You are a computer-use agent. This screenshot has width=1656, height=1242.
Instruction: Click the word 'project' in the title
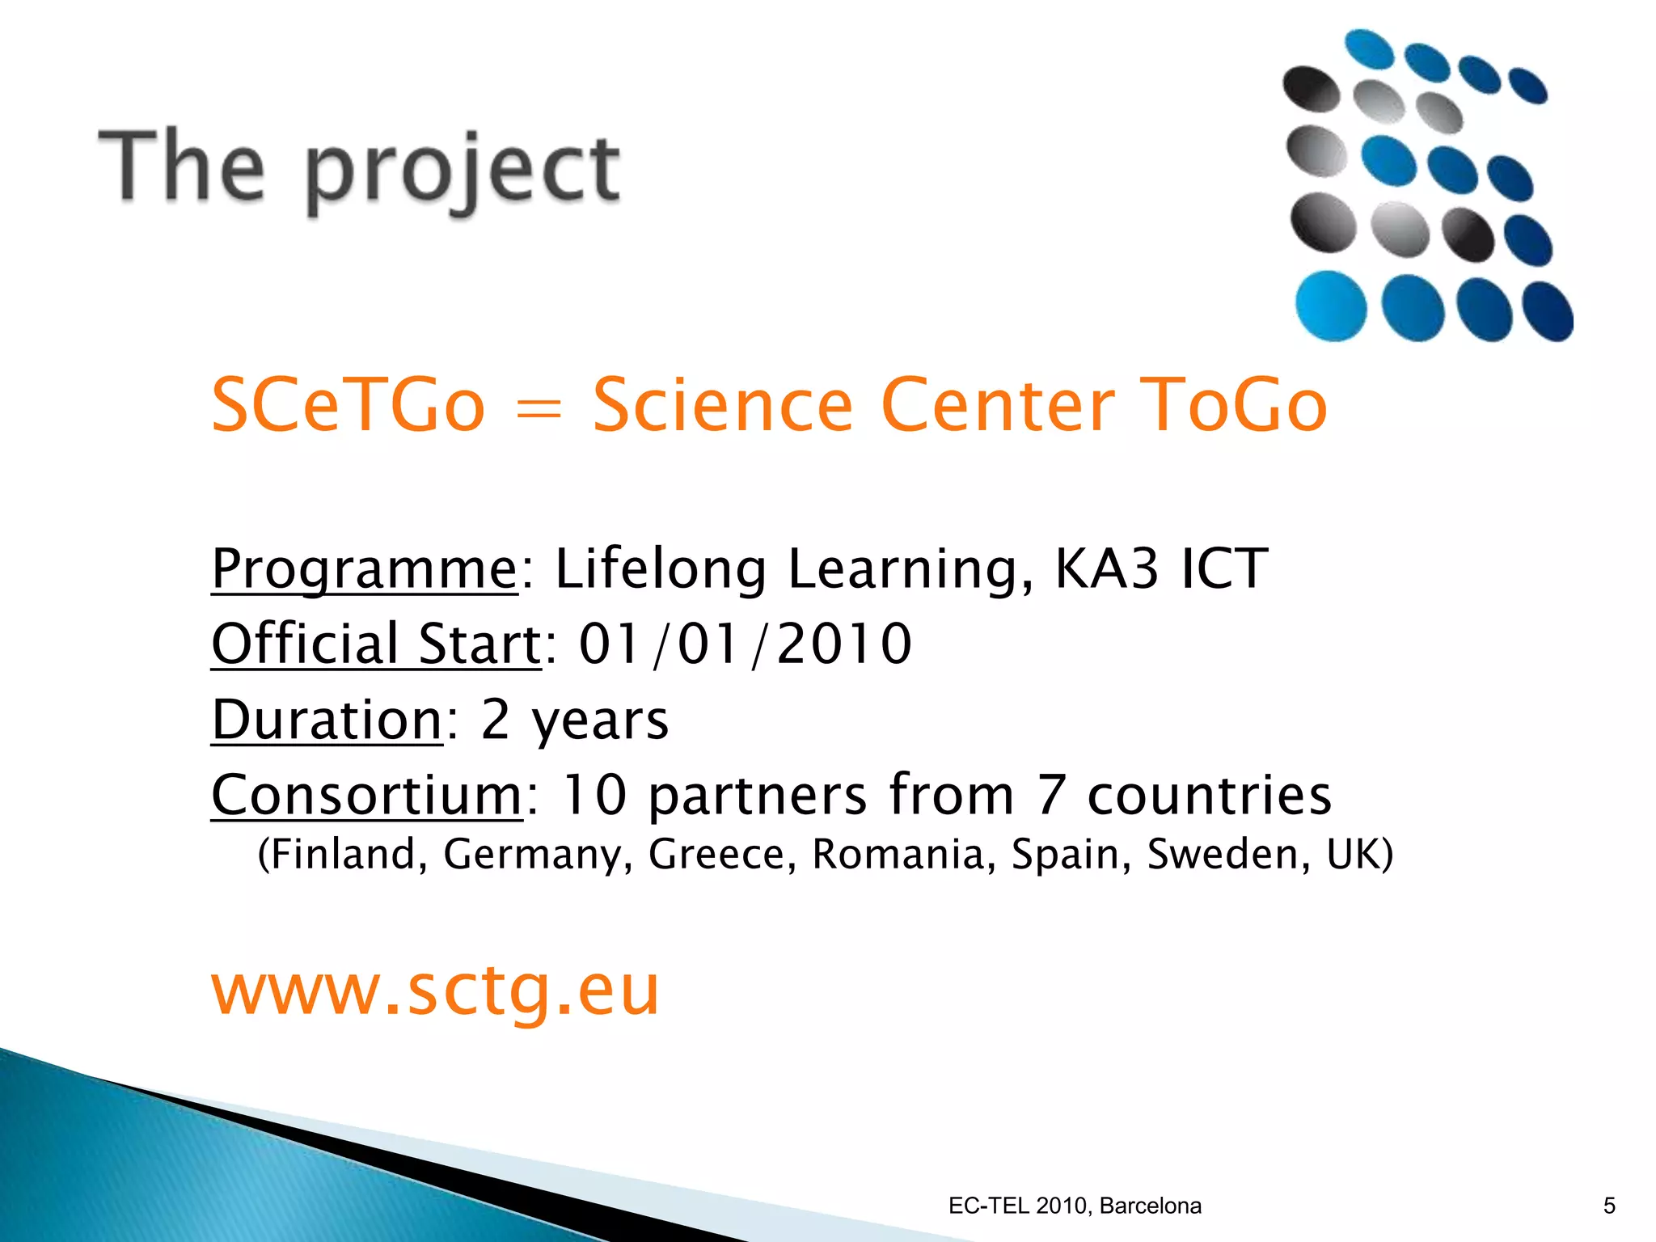pos(463,171)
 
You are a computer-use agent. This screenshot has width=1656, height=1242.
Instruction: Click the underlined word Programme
pos(364,568)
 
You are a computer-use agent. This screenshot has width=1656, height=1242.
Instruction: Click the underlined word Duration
pos(327,719)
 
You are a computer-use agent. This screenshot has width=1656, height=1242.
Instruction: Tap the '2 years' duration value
pos(575,720)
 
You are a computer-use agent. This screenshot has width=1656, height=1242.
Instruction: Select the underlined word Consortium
pos(367,795)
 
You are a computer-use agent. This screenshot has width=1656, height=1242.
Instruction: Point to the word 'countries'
pos(1209,795)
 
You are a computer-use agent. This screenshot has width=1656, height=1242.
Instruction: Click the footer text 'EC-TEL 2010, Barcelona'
pos(1075,1206)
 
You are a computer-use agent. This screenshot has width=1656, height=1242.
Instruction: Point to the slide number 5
pos(1609,1206)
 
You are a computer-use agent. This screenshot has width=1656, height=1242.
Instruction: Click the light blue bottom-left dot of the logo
pos(1330,306)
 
